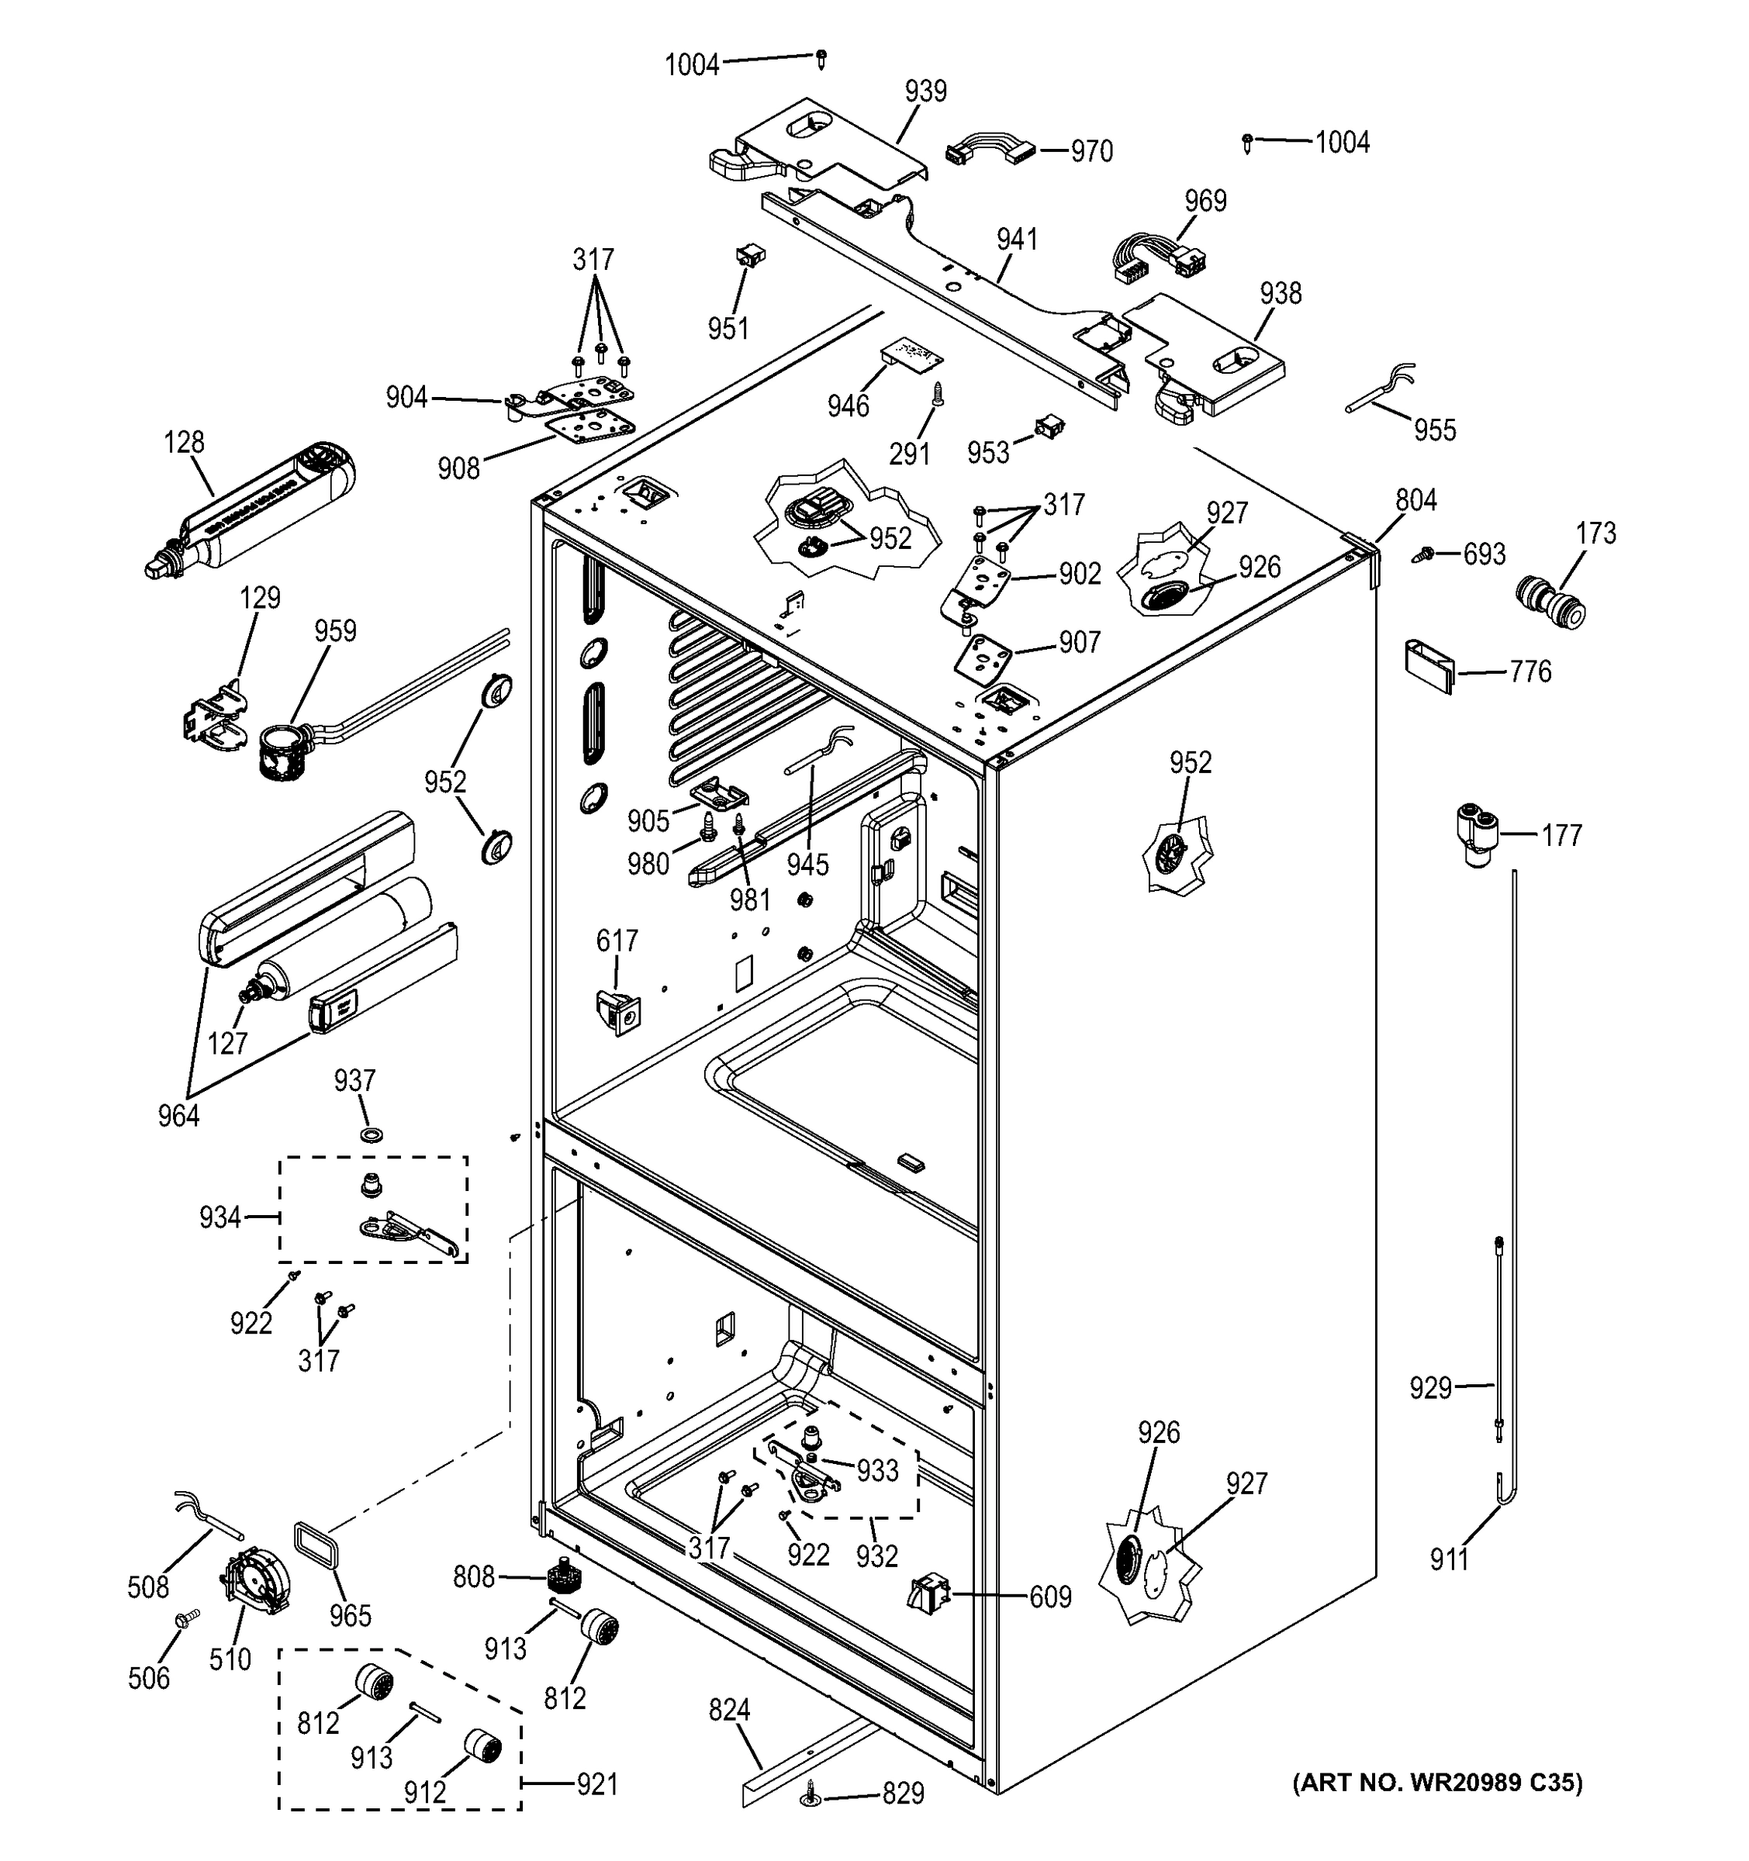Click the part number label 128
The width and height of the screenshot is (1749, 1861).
(185, 442)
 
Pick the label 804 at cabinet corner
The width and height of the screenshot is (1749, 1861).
(1415, 501)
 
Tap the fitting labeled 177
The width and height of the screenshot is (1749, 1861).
(1474, 832)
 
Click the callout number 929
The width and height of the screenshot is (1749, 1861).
(1431, 1387)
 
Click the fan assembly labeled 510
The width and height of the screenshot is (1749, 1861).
(253, 1582)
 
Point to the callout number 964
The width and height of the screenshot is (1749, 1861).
(178, 1116)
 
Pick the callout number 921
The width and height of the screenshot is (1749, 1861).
(596, 1785)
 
